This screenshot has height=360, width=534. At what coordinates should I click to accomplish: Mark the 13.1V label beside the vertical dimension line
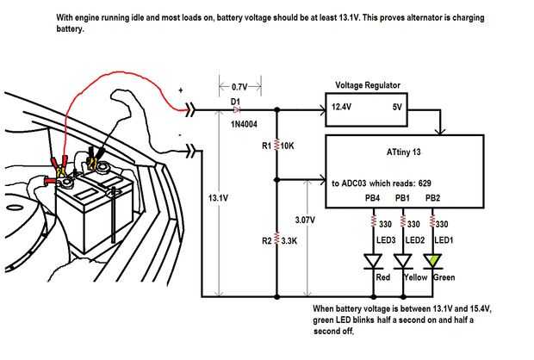coord(219,199)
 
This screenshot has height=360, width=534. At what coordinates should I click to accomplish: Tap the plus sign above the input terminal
coord(181,89)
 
